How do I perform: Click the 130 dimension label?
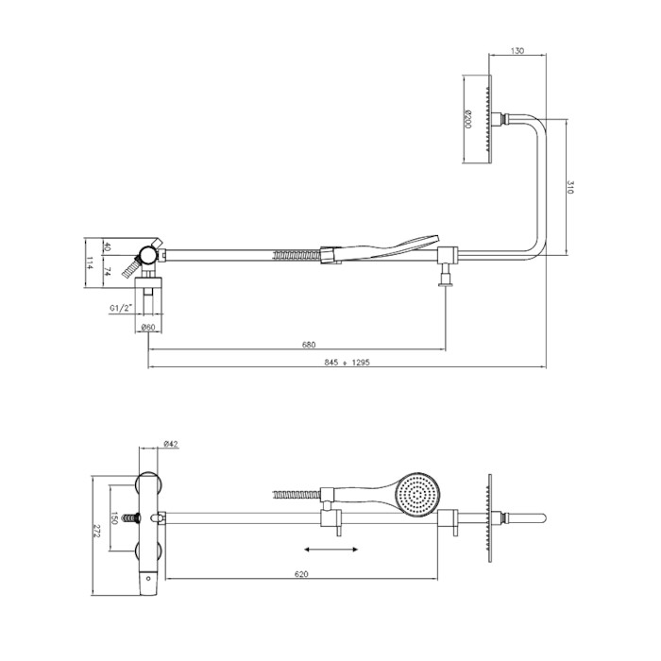pyautogui.click(x=517, y=51)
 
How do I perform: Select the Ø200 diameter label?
pyautogui.click(x=468, y=119)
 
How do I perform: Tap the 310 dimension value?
pyautogui.click(x=570, y=187)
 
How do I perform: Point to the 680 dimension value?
pyautogui.click(x=309, y=345)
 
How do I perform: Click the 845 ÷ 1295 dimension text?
pyautogui.click(x=347, y=362)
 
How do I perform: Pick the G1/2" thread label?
pyautogui.click(x=122, y=308)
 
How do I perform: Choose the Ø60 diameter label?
pyautogui.click(x=148, y=327)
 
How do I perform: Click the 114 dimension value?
pyautogui.click(x=90, y=263)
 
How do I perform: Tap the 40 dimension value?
pyautogui.click(x=107, y=246)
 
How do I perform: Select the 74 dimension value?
pyautogui.click(x=107, y=272)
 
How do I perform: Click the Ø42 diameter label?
pyautogui.click(x=171, y=444)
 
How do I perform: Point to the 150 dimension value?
pyautogui.click(x=114, y=518)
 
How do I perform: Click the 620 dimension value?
pyautogui.click(x=301, y=574)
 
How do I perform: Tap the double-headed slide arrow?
pyautogui.click(x=330, y=550)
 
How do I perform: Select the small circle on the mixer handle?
pyautogui.click(x=148, y=578)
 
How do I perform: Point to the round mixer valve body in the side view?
pyautogui.click(x=148, y=255)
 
